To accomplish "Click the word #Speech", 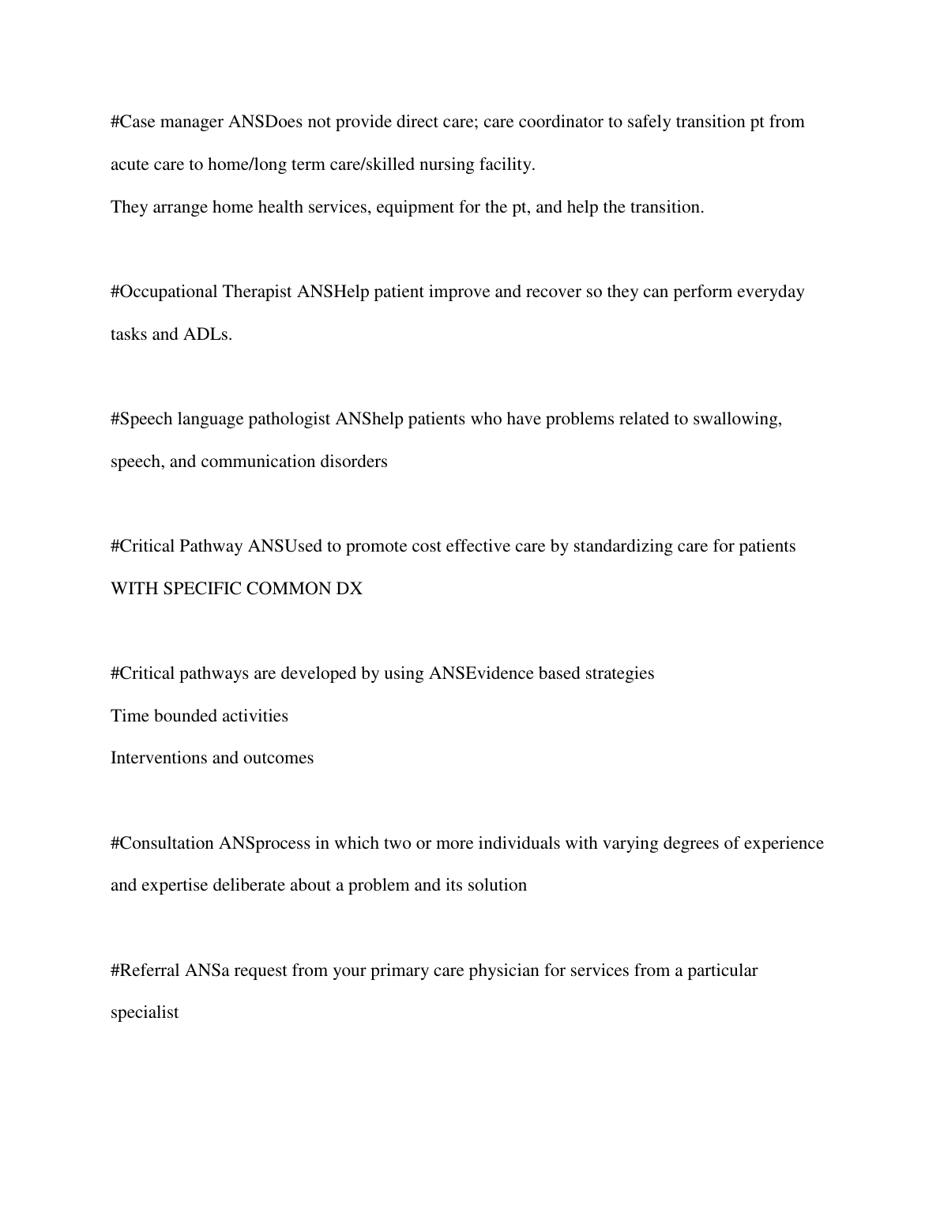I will pos(141,419).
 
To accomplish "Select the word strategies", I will pos(617,673).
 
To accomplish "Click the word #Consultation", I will pos(162,843).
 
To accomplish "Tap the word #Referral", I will pos(145,970).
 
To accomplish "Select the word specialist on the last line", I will pos(145,1012).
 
